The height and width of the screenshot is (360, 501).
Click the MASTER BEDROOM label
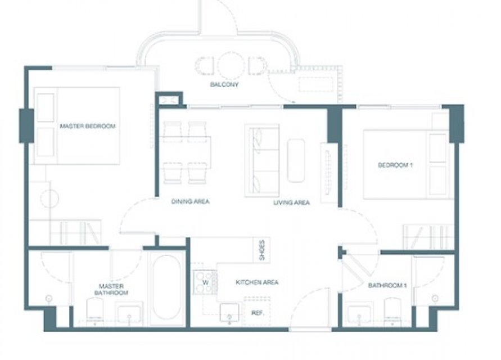coord(88,126)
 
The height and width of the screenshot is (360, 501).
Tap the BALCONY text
coord(224,85)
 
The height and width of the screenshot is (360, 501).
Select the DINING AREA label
coord(191,201)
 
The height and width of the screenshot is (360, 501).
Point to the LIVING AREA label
coord(291,202)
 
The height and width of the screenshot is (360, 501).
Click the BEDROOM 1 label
coord(395,165)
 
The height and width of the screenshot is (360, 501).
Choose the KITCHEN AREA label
coord(257,282)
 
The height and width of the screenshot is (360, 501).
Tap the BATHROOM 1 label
coord(387,285)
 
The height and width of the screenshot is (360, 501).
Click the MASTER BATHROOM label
coord(111,289)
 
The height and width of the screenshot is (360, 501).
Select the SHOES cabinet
coord(261,250)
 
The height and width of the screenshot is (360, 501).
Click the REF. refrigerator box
coord(257,312)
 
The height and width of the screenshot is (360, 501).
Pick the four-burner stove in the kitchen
coord(205,282)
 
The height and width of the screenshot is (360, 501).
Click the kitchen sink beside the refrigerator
coord(229,312)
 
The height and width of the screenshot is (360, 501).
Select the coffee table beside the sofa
coord(296,160)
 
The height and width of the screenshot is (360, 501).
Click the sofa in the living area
coord(262,160)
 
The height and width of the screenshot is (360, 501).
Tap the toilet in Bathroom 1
coord(392,310)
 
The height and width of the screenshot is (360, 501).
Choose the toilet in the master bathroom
coord(95,310)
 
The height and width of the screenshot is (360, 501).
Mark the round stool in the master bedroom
coord(50,199)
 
